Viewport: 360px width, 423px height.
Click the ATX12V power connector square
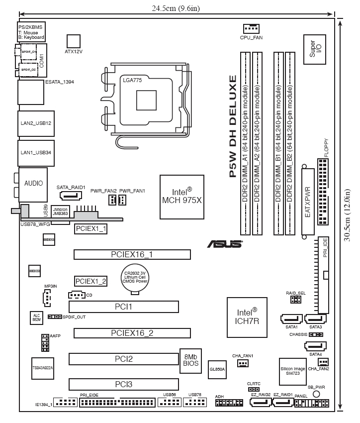tap(74, 41)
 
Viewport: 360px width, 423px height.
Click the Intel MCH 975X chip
tap(181, 197)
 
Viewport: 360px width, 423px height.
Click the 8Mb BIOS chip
tap(191, 360)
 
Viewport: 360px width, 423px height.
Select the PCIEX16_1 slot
tap(132, 254)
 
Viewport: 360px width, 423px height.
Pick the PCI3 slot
tap(123, 384)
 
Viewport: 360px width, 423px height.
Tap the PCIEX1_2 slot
tap(90, 281)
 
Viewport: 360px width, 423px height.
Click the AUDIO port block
tap(33, 184)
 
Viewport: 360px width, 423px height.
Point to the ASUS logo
tap(225, 244)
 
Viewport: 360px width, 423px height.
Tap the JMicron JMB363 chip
tap(60, 211)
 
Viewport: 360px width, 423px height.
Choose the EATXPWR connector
tap(308, 202)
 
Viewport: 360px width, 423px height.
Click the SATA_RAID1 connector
tap(71, 196)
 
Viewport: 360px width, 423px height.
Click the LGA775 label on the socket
tap(132, 79)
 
